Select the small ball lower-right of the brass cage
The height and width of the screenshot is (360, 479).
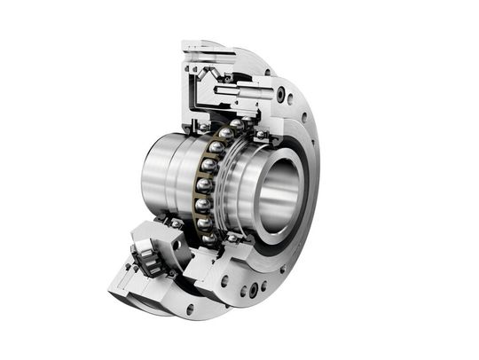coord(232,238)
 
